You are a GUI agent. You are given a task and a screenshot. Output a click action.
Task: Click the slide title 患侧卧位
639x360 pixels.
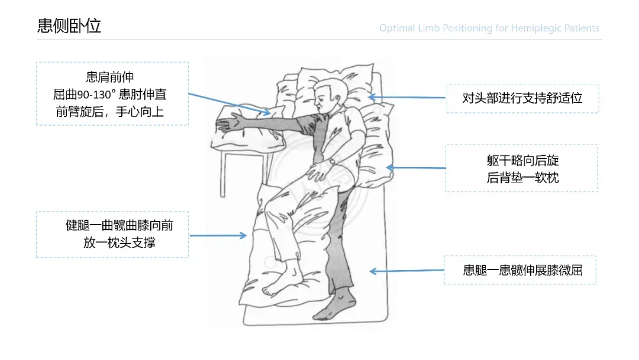point(69,25)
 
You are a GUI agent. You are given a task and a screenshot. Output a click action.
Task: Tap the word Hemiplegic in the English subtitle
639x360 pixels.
point(536,28)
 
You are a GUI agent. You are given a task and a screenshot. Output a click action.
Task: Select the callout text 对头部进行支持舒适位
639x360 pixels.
point(522,98)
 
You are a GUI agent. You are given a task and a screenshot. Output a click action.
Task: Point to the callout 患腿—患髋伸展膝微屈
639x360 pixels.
point(522,271)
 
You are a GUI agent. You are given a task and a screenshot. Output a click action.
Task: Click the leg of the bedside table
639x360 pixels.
point(223,174)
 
